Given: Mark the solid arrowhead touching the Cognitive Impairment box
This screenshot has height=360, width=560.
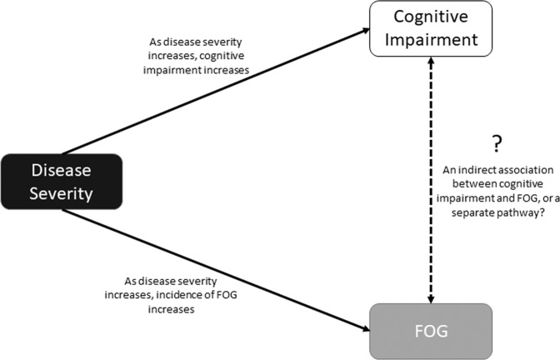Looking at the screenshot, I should pos(364,30).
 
